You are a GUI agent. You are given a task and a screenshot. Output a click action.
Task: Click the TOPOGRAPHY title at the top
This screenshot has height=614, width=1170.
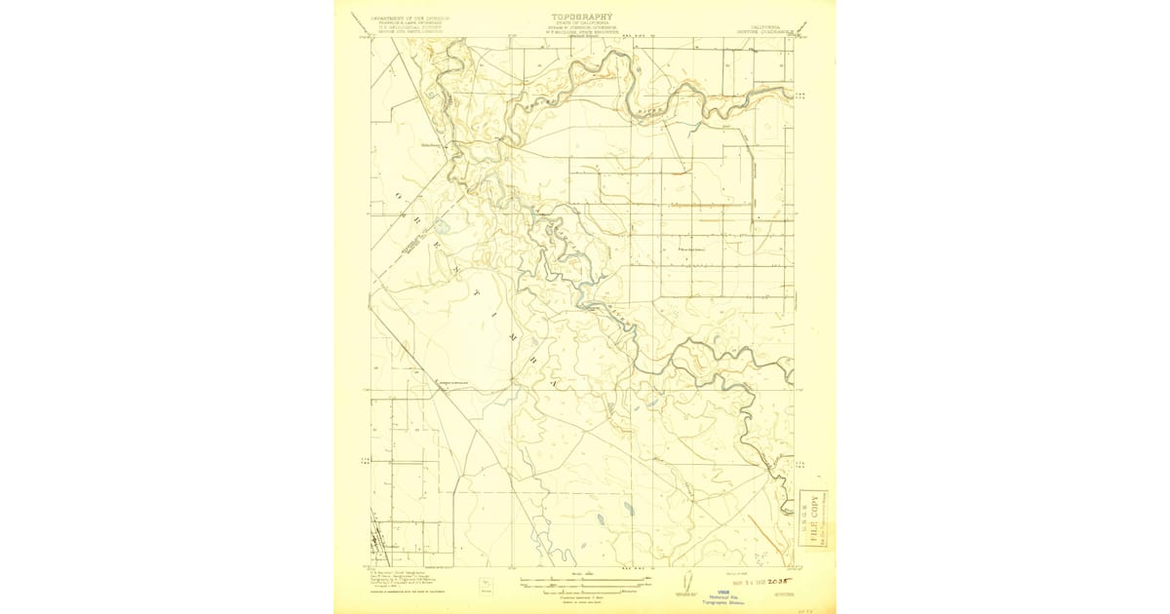point(583,17)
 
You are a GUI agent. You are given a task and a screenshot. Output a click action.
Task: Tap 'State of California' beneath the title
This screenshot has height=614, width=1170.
point(583,24)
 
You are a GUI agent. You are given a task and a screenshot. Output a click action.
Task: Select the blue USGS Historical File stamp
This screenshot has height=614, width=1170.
point(723,596)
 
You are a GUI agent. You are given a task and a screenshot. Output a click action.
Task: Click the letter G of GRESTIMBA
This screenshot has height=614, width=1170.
point(397,196)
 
